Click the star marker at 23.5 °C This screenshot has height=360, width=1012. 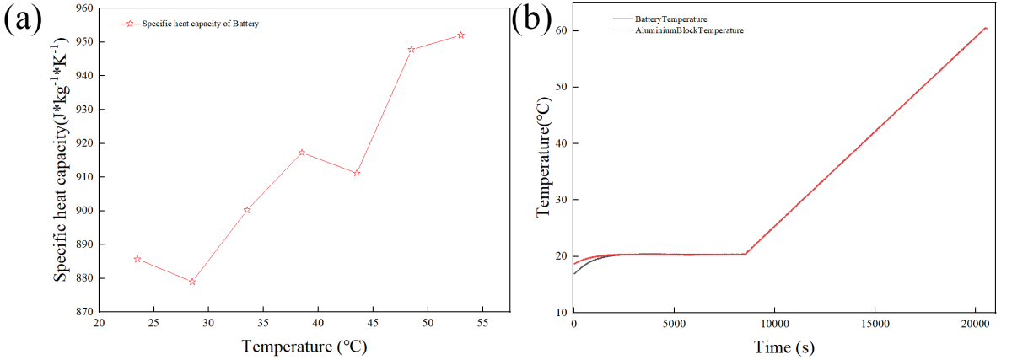137,259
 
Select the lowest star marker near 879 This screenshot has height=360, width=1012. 192,282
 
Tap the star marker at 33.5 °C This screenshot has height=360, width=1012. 247,210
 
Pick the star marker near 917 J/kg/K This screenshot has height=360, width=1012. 302,153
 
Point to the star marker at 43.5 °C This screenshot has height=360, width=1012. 357,173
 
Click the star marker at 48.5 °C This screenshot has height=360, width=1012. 412,50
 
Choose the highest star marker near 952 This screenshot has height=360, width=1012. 460,35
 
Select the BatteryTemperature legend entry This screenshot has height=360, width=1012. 671,19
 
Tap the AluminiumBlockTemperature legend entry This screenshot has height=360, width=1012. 689,30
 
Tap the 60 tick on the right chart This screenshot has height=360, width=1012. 560,30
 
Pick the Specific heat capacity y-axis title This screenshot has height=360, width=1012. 61,160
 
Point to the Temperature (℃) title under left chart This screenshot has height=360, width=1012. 304,347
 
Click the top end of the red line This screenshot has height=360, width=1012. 986,28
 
